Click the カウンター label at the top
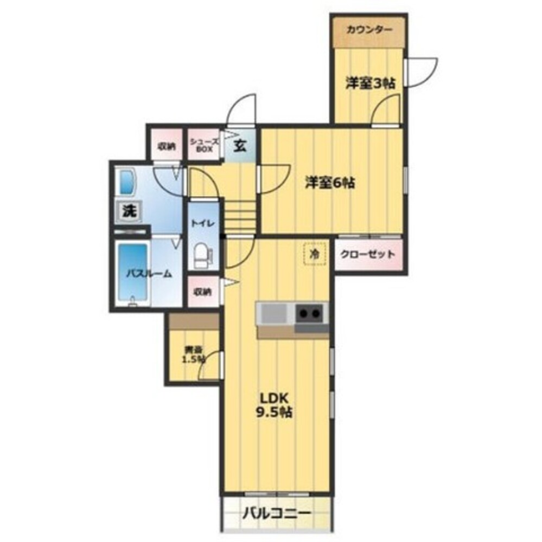(369, 30)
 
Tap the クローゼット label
(368, 254)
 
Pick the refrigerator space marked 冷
(314, 253)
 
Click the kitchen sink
(274, 313)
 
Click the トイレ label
(203, 223)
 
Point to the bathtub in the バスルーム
(133, 274)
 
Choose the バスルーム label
(149, 274)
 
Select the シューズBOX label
(204, 144)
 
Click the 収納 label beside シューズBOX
(167, 145)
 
